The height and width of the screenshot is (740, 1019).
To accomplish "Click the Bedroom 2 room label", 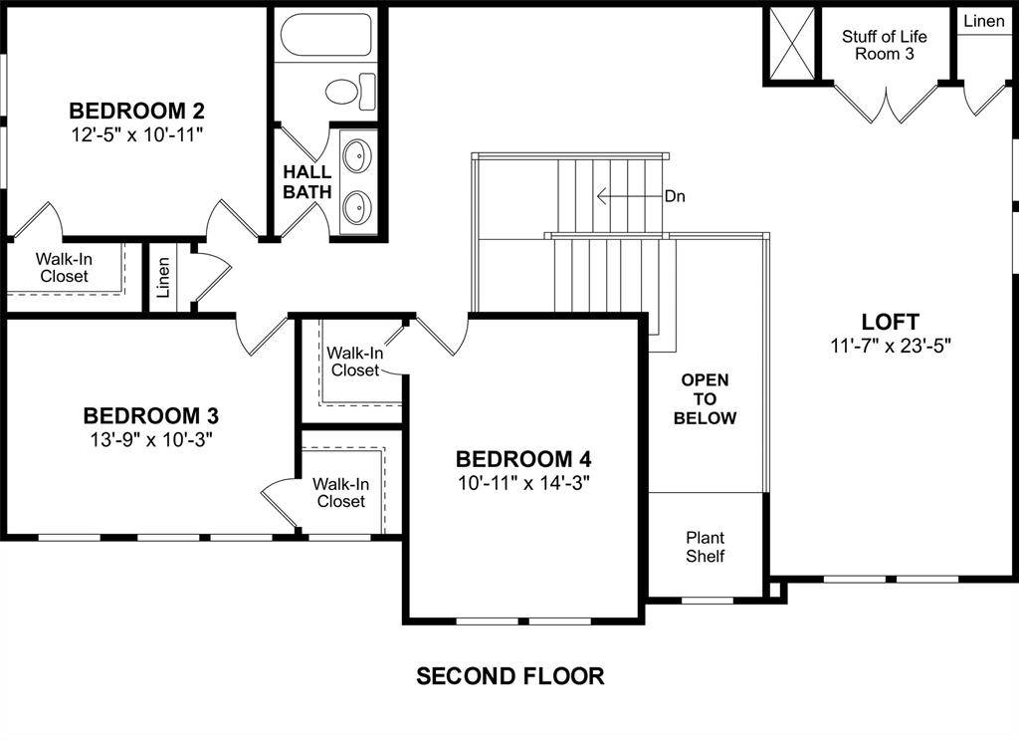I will coord(136,110).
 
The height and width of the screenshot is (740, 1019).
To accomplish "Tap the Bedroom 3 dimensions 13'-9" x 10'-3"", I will coord(150,439).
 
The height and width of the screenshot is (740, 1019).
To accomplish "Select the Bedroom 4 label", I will coord(523,459).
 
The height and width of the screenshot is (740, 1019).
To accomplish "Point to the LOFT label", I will coord(890,322).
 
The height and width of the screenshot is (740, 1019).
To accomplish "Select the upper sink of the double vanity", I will coord(356,157).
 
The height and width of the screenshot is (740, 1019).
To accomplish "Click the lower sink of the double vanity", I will coord(356,208).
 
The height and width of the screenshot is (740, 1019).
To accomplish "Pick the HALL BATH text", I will coord(306,181).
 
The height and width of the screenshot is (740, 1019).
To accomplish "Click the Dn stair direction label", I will coord(675,196).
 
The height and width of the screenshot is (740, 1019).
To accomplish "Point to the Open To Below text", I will coord(705,398).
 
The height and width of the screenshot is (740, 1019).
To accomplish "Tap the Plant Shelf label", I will coord(705,547).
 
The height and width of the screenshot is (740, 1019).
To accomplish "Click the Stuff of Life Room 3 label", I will coord(884,45).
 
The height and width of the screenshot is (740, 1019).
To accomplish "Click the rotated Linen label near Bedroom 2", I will coord(163,278).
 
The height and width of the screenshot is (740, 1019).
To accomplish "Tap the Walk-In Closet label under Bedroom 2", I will coord(64,267).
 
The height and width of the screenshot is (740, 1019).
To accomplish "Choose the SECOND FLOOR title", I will coord(509,676).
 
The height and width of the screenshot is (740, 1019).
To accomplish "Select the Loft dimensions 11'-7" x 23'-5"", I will coord(890,346).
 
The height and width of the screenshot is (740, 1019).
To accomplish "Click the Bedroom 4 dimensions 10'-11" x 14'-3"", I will coord(523,483).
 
